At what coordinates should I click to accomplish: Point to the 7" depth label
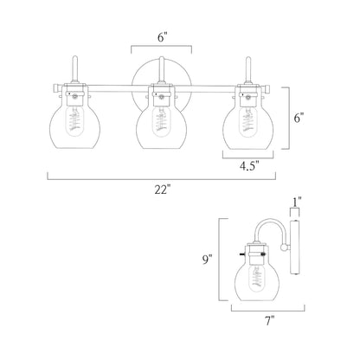[269, 320]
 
